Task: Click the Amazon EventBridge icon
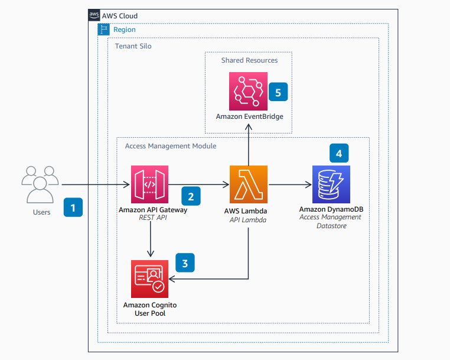(x=249, y=90)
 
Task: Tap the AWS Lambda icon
(x=249, y=184)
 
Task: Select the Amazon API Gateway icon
(x=150, y=184)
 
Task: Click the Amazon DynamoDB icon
(x=331, y=184)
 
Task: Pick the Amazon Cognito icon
(x=150, y=278)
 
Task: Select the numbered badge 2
(x=190, y=196)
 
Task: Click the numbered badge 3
(x=185, y=263)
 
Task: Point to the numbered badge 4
(x=339, y=153)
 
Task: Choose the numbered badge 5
(x=278, y=92)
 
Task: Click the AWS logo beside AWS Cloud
(x=93, y=13)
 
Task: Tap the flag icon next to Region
(x=103, y=29)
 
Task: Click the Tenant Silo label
(x=133, y=46)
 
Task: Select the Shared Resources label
(x=249, y=60)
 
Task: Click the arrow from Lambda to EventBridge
(x=249, y=145)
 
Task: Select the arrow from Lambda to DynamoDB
(x=289, y=185)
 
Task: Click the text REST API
(x=149, y=218)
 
